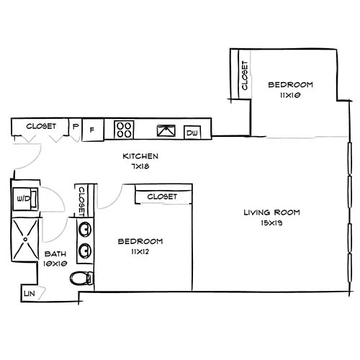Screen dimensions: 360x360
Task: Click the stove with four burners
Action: click(x=124, y=130)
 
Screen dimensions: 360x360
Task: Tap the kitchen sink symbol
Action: click(x=166, y=131)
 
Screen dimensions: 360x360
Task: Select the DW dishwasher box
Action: click(x=192, y=132)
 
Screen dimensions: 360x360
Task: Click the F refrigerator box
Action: click(x=91, y=130)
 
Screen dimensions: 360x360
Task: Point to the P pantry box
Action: click(x=75, y=127)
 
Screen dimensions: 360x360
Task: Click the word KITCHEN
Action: click(x=140, y=156)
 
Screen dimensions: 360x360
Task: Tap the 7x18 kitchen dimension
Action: click(x=140, y=166)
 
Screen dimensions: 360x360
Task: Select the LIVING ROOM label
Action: click(x=271, y=212)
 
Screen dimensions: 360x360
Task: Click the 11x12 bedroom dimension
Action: click(x=140, y=251)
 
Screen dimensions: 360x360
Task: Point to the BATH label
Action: click(x=56, y=253)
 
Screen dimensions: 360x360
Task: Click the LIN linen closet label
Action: click(x=29, y=294)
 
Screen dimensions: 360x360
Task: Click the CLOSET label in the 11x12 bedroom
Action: click(x=162, y=197)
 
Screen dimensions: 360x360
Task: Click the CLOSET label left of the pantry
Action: click(x=41, y=126)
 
